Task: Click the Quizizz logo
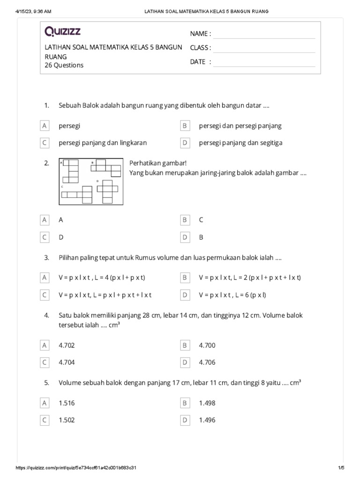pos(62,31)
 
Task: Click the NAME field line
pos(264,34)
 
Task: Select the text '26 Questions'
pos(64,65)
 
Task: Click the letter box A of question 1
pos(45,126)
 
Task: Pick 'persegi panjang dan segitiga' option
pos(240,142)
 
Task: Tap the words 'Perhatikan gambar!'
pos(158,163)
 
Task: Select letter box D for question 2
pos(185,237)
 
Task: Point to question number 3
pos(46,258)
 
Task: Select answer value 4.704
pos(67,362)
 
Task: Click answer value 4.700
pos(207,345)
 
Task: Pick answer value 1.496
pos(207,420)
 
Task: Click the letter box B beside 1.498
pos(185,403)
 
